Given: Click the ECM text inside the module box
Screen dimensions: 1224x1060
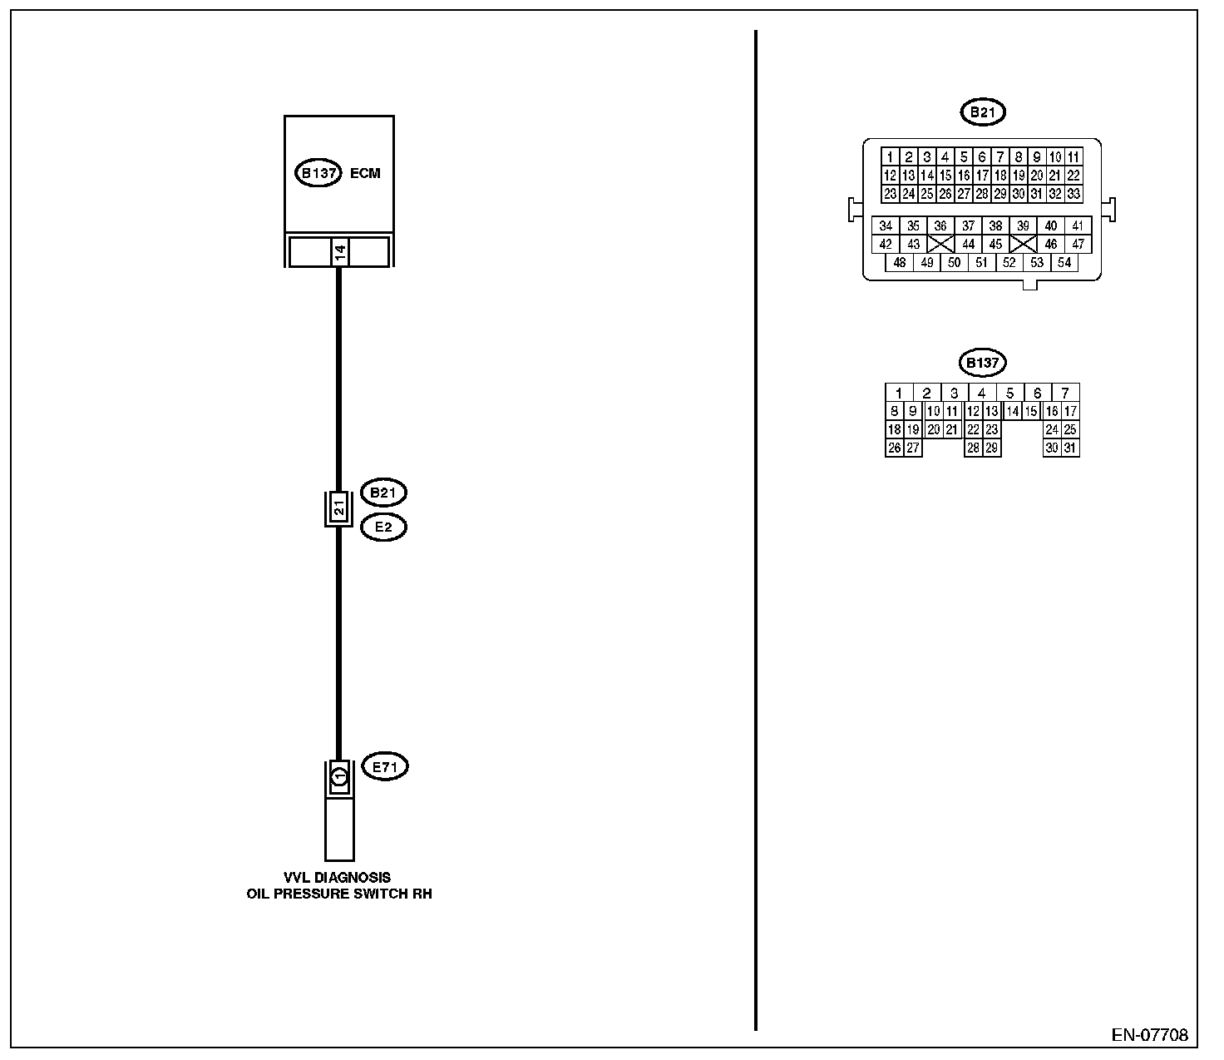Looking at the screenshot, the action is [366, 174].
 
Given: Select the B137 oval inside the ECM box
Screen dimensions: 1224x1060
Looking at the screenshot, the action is [318, 174].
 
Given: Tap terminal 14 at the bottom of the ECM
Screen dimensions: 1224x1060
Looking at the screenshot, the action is [339, 252].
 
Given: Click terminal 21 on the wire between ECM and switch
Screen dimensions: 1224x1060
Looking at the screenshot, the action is [338, 508].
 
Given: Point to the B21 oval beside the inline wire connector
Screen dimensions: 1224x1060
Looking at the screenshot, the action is [383, 493].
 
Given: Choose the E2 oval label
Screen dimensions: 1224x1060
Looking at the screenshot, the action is [383, 528].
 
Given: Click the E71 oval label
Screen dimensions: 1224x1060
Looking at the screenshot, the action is [384, 767].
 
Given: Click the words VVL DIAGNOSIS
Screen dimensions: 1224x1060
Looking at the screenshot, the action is [337, 878].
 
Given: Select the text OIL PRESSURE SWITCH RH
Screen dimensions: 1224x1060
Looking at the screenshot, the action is [339, 894].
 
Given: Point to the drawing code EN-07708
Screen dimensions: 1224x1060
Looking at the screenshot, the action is [1150, 1036].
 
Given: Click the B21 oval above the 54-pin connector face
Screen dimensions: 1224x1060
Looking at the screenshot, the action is [982, 112].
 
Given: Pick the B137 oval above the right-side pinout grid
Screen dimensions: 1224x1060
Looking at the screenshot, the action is [982, 364].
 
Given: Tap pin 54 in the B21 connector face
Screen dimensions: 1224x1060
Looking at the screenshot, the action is [1064, 263].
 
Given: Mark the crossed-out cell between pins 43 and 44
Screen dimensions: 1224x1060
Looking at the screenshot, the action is [940, 245].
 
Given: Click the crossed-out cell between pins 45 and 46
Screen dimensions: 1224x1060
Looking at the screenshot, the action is [1024, 245].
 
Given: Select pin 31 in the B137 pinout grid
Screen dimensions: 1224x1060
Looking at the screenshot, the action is [1070, 448].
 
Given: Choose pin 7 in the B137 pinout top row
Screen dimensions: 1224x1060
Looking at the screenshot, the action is [1065, 394].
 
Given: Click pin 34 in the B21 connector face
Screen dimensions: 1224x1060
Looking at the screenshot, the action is [886, 226].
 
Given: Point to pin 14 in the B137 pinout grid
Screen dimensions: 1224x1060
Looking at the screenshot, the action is [1012, 412].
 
